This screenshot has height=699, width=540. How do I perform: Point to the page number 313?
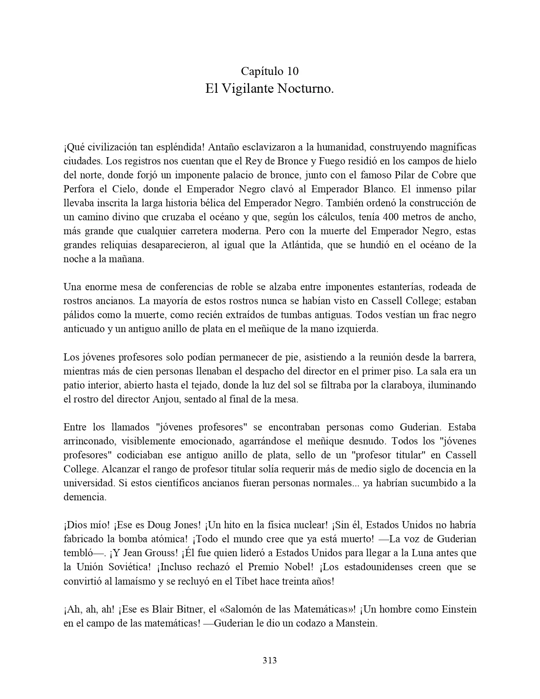tap(270, 660)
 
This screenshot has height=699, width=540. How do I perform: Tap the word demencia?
tap(85, 497)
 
